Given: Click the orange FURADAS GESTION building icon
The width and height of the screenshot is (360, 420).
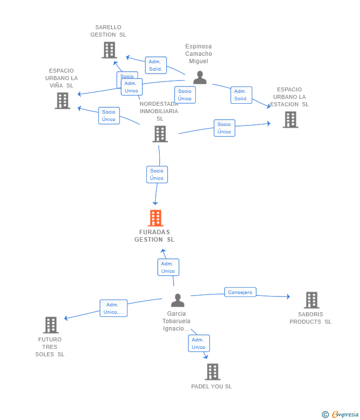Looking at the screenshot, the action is [x=155, y=218].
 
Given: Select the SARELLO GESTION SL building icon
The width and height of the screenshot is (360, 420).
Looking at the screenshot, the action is [x=109, y=50].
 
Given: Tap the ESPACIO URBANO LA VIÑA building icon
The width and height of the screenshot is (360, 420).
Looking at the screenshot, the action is [x=62, y=101].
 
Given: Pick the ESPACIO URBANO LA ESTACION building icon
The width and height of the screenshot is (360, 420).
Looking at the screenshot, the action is [x=291, y=120].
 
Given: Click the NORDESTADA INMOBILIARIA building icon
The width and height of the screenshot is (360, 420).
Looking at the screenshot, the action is [x=160, y=134].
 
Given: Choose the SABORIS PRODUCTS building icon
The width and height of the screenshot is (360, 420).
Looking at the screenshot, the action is [x=312, y=300].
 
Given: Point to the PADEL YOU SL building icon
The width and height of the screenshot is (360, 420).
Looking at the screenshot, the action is [x=213, y=372].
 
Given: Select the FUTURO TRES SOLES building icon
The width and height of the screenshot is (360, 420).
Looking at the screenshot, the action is [x=51, y=325].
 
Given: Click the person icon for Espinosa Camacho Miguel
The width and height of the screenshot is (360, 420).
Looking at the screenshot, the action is [x=200, y=78].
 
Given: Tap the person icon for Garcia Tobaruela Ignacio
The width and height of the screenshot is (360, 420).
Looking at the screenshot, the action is [x=178, y=300].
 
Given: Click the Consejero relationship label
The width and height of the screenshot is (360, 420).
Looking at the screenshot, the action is [x=240, y=292].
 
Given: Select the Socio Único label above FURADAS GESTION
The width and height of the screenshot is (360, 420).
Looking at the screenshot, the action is [x=157, y=174].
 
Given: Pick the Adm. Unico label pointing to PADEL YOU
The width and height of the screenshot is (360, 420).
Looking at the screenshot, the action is [x=199, y=343].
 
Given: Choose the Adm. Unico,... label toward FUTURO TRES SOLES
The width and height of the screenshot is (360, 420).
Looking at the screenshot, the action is [x=113, y=308].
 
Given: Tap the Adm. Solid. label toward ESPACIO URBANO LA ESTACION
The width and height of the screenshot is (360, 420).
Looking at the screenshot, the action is [x=241, y=95].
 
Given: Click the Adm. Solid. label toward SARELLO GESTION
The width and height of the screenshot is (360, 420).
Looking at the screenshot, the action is [x=156, y=65].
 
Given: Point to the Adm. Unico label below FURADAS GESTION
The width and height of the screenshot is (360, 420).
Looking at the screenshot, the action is [x=168, y=267].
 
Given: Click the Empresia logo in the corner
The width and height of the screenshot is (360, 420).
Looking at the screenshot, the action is [x=340, y=415].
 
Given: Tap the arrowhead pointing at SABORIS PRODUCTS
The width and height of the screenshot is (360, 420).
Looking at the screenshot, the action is [x=288, y=296].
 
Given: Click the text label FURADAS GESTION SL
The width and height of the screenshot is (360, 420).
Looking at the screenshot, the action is [x=155, y=236].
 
